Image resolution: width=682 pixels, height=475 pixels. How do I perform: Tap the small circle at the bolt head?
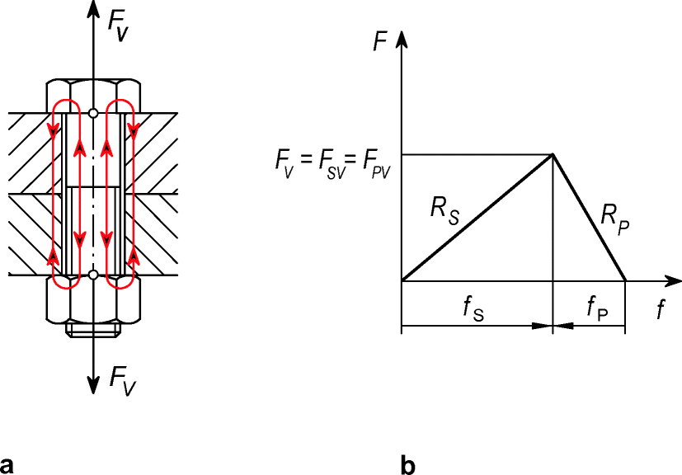(93, 112)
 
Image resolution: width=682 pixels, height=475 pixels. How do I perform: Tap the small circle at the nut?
(93, 274)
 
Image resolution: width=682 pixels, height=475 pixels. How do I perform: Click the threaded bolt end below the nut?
(93, 330)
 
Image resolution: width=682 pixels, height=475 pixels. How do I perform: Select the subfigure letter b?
(408, 463)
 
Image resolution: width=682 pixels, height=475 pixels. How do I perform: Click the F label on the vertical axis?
(380, 41)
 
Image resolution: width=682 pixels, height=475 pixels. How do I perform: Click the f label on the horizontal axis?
(661, 310)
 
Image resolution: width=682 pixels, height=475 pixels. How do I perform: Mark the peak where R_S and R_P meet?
(552, 154)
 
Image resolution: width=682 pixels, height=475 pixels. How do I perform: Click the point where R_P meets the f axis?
(625, 281)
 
